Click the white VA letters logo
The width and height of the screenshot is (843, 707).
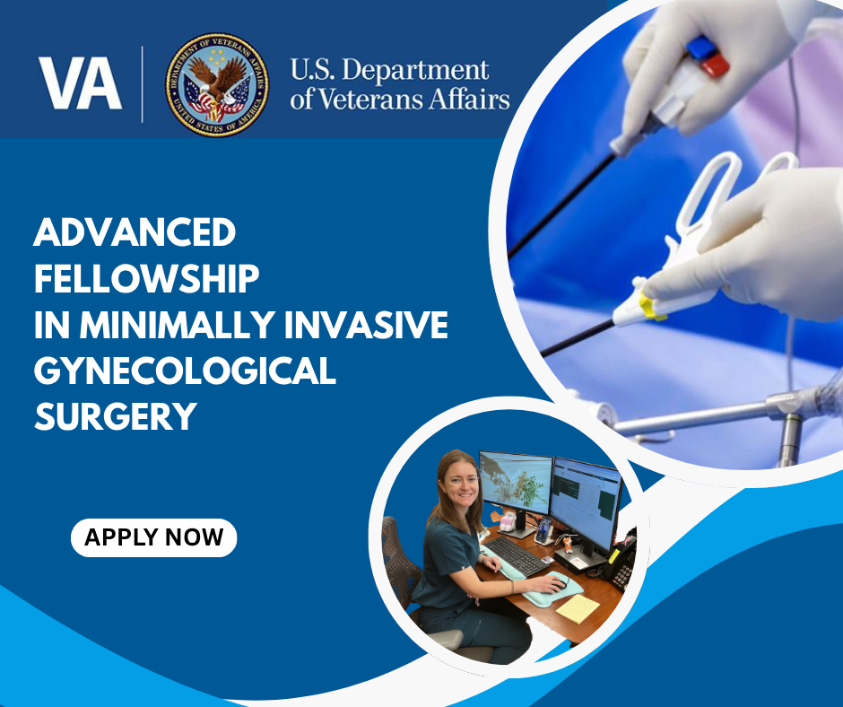[80, 83]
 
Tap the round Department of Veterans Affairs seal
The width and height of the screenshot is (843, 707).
[217, 84]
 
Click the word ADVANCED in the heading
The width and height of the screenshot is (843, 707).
[135, 232]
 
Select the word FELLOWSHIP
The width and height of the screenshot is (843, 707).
[146, 278]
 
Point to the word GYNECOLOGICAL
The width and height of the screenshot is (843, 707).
[185, 371]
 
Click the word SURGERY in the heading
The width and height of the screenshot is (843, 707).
[116, 416]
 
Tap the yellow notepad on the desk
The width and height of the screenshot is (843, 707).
[578, 608]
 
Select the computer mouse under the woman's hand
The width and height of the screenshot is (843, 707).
[558, 584]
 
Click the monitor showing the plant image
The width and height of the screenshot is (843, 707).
[515, 484]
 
